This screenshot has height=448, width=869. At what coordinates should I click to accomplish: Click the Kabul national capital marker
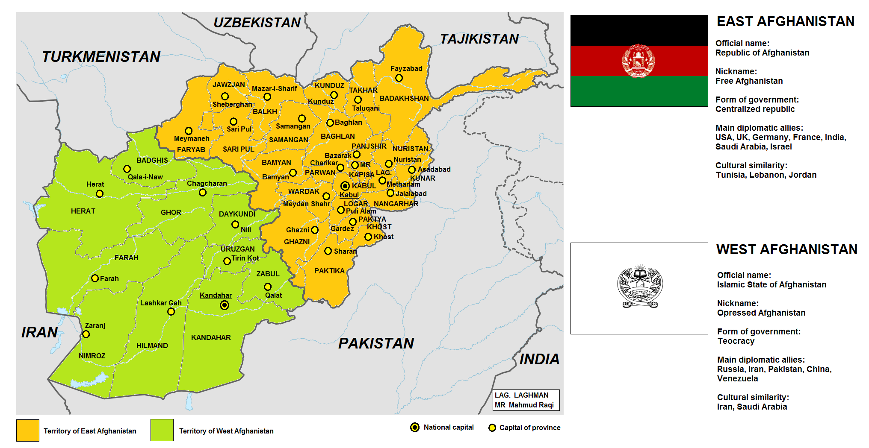(x=345, y=186)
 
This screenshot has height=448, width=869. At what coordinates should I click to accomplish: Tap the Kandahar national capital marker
(x=225, y=305)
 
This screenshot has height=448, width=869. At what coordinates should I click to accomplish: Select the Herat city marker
(x=100, y=194)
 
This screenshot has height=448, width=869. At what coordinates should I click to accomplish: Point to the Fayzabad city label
(x=406, y=68)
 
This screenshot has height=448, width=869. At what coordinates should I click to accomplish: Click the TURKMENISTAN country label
(x=101, y=57)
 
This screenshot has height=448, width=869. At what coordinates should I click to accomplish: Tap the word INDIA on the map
(x=539, y=360)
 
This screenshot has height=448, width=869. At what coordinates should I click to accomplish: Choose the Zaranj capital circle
(x=86, y=334)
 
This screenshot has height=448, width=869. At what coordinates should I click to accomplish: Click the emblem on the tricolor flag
(x=638, y=61)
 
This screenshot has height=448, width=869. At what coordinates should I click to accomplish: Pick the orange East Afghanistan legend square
(x=28, y=430)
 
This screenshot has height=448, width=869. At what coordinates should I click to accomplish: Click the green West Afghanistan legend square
(x=162, y=430)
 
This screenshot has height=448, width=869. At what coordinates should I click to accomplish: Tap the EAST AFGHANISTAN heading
(x=785, y=21)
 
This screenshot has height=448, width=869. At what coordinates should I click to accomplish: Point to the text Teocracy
(x=736, y=341)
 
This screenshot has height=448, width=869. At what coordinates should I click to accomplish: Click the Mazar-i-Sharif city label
(x=274, y=88)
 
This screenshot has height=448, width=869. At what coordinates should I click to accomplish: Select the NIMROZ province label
(x=92, y=356)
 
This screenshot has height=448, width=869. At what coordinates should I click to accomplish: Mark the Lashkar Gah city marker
(x=171, y=312)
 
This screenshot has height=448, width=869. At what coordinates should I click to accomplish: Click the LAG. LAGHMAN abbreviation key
(x=521, y=395)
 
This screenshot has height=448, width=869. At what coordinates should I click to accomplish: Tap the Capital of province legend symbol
(x=492, y=428)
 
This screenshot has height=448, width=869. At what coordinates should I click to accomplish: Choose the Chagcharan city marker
(x=203, y=193)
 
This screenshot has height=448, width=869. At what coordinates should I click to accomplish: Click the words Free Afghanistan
(x=749, y=81)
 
